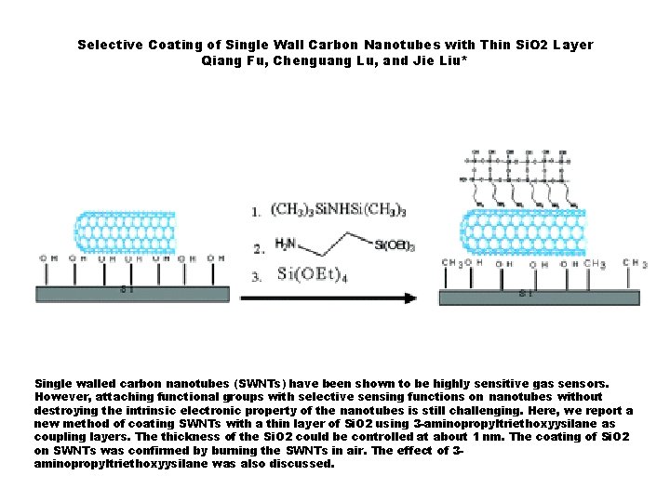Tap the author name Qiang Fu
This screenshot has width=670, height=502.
230,60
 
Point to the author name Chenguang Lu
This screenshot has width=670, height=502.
322,60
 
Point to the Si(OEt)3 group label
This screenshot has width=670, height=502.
395,245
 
